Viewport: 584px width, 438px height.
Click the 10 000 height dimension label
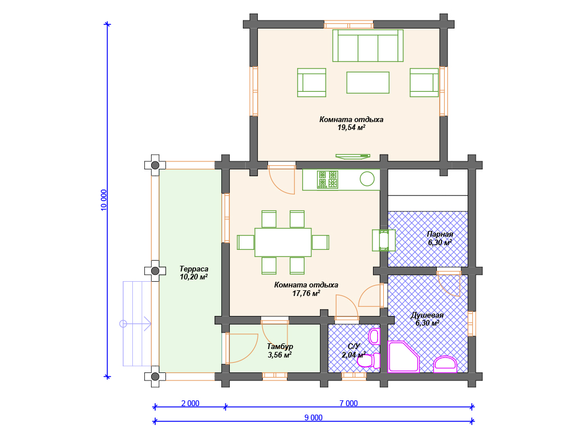(104, 200)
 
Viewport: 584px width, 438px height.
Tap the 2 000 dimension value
(190, 403)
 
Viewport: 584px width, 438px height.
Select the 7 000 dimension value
(348, 403)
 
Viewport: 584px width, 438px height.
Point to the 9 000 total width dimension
(314, 417)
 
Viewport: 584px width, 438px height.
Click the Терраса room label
(194, 269)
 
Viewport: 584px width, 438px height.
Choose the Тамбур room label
(279, 347)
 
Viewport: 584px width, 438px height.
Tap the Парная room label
(440, 234)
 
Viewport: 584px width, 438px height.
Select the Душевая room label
(427, 315)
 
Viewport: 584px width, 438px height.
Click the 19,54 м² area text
(351, 128)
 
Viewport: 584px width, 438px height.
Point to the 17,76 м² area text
(306, 294)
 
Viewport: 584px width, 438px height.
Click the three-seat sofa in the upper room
(368, 46)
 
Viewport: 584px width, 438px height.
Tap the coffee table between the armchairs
(368, 83)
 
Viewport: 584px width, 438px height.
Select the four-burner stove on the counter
(327, 180)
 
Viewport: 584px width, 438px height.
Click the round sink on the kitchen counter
(367, 179)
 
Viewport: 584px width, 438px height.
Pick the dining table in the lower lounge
(283, 242)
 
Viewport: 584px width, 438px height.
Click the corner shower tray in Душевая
(403, 357)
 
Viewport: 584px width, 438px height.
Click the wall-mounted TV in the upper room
(352, 156)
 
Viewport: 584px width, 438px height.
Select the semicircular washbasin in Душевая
(445, 364)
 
